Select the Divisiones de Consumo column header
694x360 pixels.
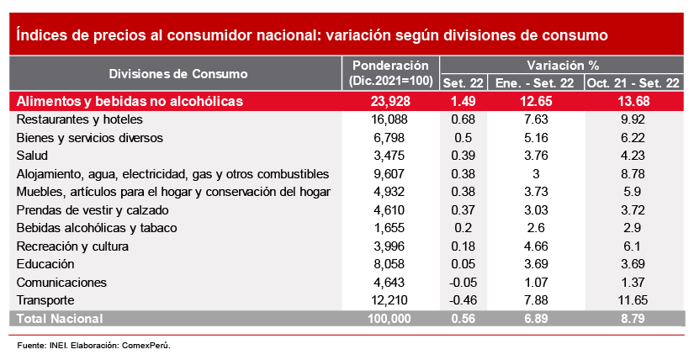click(x=178, y=73)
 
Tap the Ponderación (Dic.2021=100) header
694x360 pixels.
click(x=390, y=73)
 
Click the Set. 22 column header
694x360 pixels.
click(x=464, y=83)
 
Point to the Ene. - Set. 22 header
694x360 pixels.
click(x=535, y=83)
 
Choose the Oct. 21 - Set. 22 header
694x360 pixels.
click(x=633, y=83)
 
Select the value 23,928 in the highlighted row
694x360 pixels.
click(x=390, y=102)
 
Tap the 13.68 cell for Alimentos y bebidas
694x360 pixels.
click(x=633, y=102)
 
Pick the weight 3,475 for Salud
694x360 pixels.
click(x=390, y=156)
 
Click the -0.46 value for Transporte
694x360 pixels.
click(x=464, y=300)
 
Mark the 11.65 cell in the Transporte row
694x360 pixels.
click(x=633, y=300)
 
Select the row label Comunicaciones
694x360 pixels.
click(x=61, y=282)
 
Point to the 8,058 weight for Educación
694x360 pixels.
click(x=390, y=264)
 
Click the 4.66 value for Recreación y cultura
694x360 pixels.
click(x=535, y=246)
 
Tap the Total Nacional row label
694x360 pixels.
click(x=60, y=319)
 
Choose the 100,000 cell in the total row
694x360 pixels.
click(x=390, y=319)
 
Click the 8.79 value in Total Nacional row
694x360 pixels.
click(x=633, y=319)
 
